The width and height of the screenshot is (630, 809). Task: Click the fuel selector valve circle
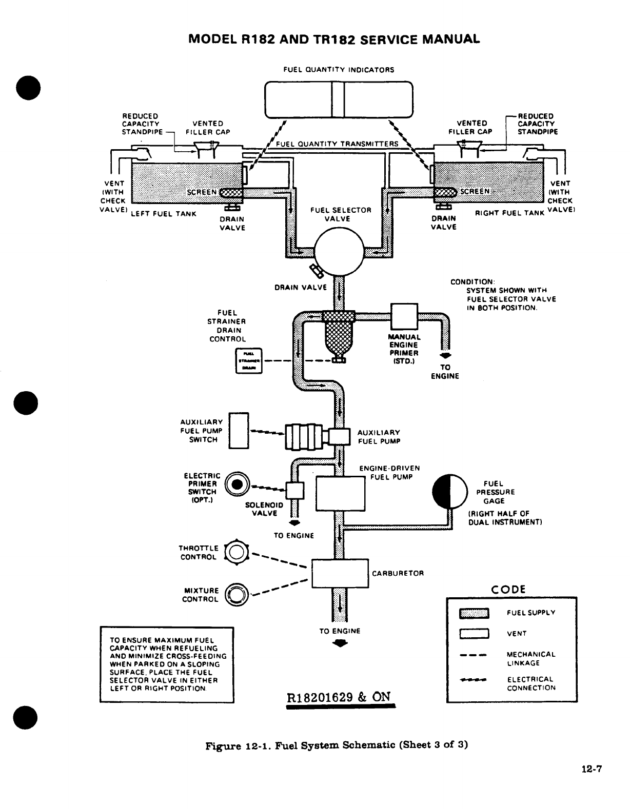click(x=339, y=252)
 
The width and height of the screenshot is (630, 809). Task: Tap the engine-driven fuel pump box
click(x=340, y=493)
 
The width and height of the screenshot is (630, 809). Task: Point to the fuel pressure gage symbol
click(x=449, y=491)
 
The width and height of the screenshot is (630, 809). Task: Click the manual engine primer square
click(x=404, y=316)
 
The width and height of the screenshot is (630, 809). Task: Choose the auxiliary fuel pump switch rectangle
click(x=239, y=430)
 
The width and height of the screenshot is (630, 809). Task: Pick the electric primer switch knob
click(x=236, y=484)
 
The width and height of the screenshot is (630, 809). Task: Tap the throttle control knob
click(x=237, y=552)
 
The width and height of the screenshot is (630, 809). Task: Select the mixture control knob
click(x=237, y=595)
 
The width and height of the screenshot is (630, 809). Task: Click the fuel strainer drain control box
click(x=249, y=360)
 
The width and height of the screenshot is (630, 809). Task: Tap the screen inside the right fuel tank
click(x=444, y=192)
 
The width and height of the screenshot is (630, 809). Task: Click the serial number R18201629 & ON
click(x=340, y=697)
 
